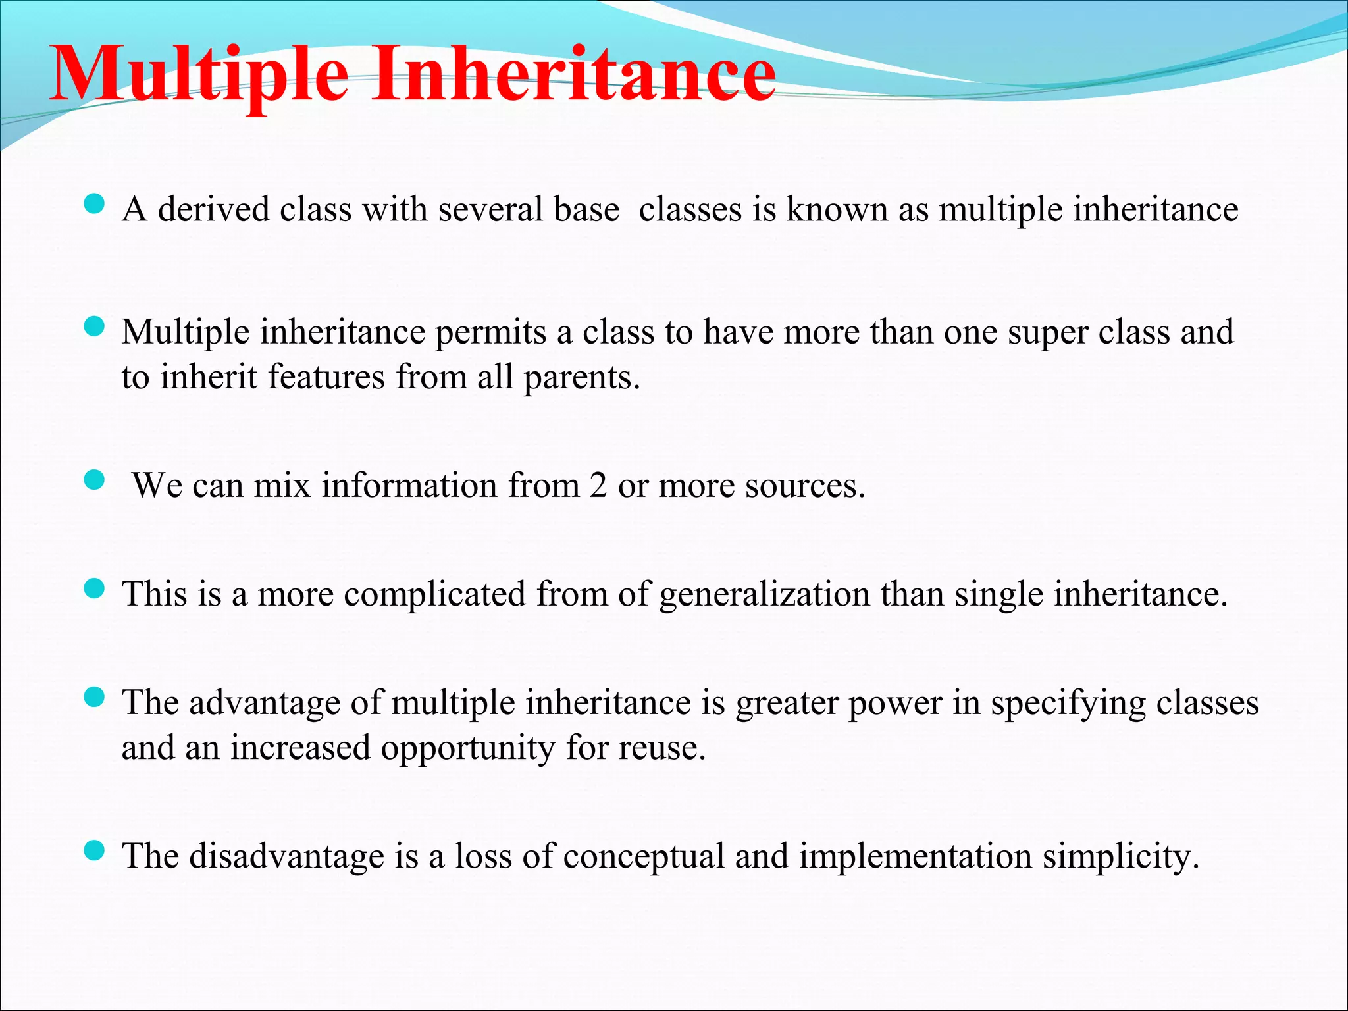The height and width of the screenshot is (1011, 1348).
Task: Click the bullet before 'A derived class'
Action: pos(95,203)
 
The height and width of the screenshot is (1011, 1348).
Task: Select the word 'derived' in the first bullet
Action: pos(214,209)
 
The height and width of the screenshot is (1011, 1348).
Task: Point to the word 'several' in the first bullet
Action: pos(490,209)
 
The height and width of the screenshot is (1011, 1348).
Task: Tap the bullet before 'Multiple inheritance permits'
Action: pos(95,326)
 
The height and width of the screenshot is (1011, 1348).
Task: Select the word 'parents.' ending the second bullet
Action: pos(581,377)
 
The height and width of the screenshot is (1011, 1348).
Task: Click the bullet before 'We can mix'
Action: pos(95,480)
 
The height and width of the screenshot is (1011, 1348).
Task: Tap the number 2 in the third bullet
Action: pos(598,486)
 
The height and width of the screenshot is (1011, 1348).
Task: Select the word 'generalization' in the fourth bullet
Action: pos(764,594)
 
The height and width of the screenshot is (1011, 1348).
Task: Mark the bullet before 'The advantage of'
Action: pos(95,697)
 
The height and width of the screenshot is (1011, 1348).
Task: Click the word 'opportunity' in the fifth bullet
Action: pos(468,748)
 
